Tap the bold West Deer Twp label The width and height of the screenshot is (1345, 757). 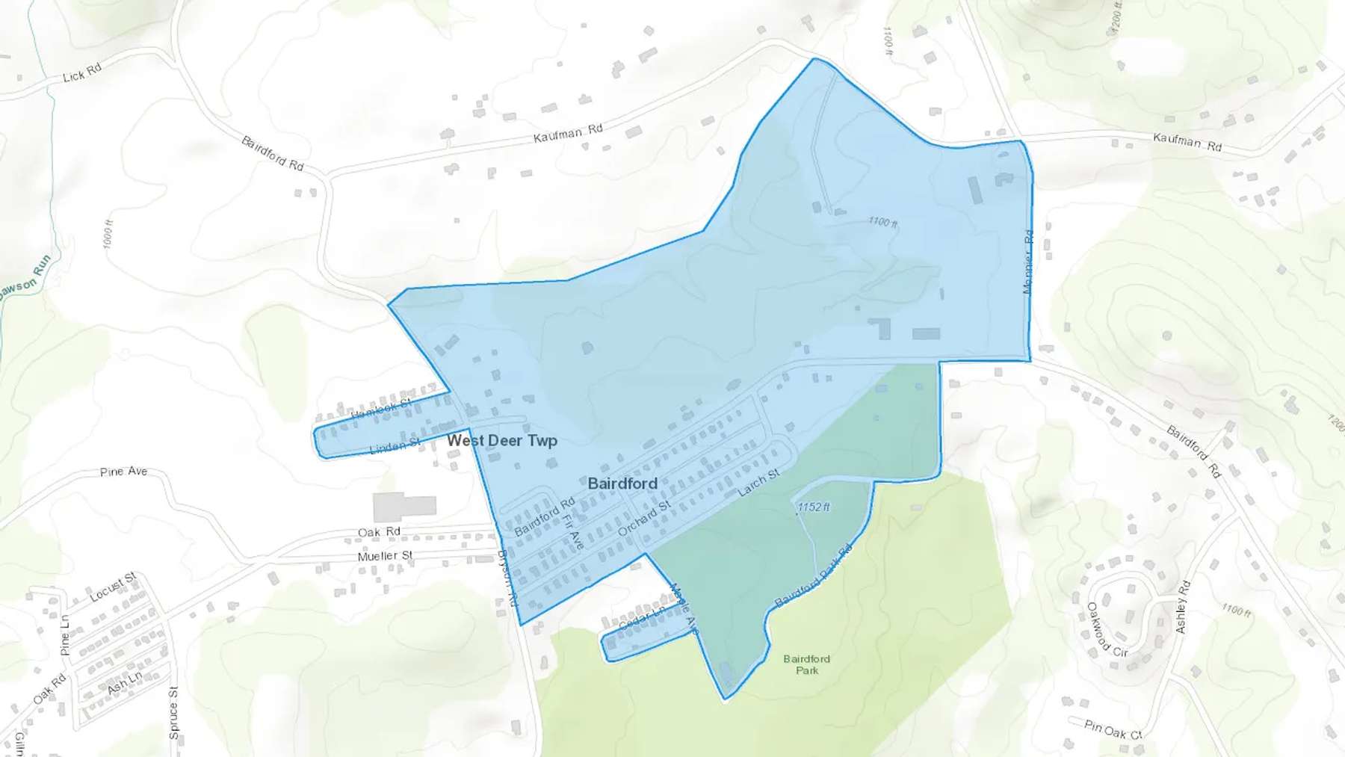click(x=502, y=441)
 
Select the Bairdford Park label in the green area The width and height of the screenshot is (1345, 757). click(x=806, y=664)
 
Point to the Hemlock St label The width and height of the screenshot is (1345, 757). click(x=380, y=410)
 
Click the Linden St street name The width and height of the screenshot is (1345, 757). click(x=395, y=447)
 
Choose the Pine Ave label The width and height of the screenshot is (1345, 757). click(x=123, y=472)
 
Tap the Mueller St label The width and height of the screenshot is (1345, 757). click(x=385, y=556)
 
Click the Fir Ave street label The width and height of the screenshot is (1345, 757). click(x=573, y=532)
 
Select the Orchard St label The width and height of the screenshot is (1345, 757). click(x=644, y=518)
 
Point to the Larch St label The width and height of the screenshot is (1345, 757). click(x=758, y=483)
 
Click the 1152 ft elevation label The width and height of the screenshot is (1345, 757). click(x=813, y=507)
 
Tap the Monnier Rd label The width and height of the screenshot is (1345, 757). click(x=1028, y=262)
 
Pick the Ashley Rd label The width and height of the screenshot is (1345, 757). click(x=1181, y=606)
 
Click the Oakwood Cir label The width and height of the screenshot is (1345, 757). click(x=1107, y=630)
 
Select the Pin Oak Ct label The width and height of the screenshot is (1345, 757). click(x=1113, y=729)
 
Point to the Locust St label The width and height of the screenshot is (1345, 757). click(x=112, y=587)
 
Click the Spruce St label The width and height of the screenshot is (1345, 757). click(x=173, y=712)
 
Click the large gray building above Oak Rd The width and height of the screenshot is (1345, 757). click(x=403, y=507)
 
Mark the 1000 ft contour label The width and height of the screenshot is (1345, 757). click(x=108, y=234)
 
